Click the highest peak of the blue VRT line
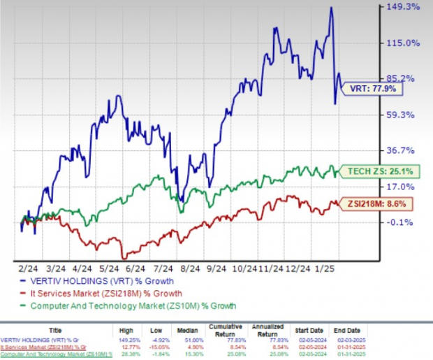coord(330,8)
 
